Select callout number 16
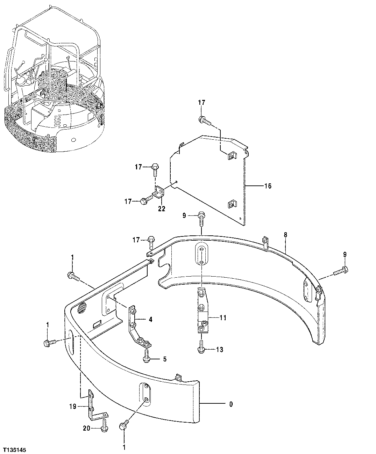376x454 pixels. pos(268,186)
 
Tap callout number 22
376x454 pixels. pos(161,209)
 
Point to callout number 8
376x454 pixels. pos(285,235)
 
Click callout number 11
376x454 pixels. pos(223,318)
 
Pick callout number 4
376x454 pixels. pos(150,319)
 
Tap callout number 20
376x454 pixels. pos(86,429)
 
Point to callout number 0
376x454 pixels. pos(231,404)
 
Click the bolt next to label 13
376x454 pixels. pos(201,348)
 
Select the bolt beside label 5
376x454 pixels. pos(146,356)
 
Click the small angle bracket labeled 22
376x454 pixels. pos(159,191)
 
